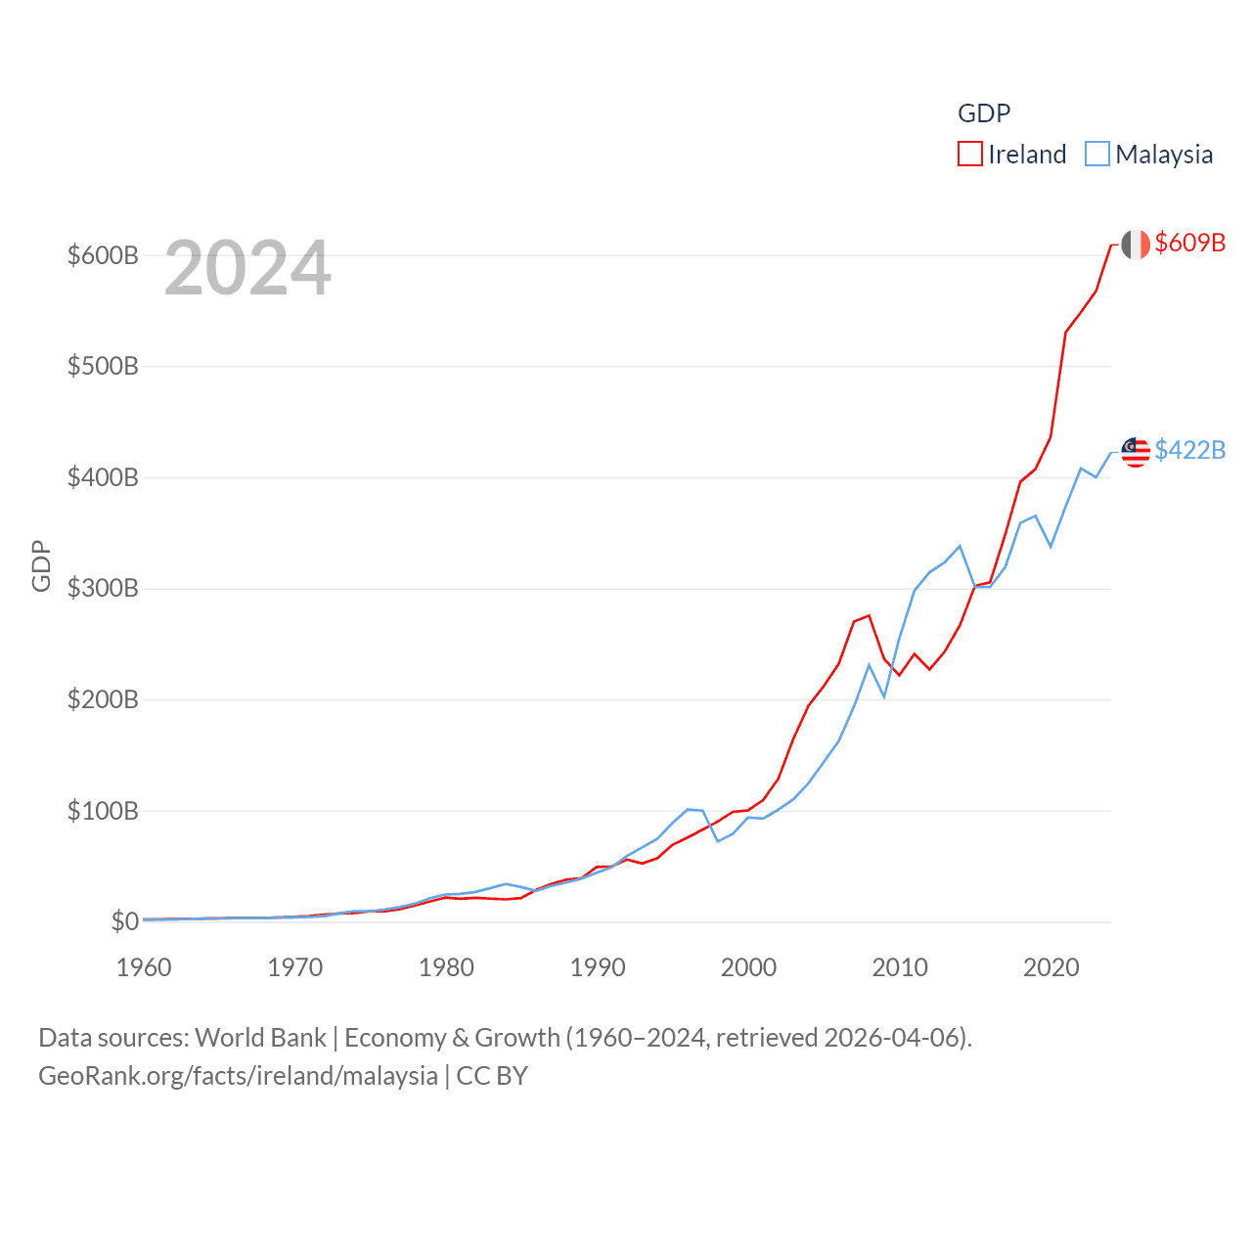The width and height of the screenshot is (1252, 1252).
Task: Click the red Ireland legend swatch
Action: click(970, 155)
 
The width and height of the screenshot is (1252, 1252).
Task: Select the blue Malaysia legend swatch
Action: click(1097, 155)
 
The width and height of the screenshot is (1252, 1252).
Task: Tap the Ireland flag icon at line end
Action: click(1136, 245)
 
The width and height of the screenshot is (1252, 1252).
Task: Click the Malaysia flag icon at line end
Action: click(1136, 452)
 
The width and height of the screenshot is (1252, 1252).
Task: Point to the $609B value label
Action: click(1189, 243)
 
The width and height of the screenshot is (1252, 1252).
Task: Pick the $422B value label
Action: click(1189, 450)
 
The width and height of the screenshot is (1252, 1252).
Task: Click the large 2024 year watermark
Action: click(247, 268)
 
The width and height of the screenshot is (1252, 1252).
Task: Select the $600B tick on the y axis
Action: click(103, 256)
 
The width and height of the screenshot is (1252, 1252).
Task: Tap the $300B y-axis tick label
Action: click(103, 589)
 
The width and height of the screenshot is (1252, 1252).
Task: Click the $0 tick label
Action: click(124, 921)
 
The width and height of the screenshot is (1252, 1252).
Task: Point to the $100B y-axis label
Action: click(103, 811)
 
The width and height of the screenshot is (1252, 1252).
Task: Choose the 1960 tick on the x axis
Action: click(144, 967)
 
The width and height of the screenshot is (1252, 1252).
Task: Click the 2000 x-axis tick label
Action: click(748, 967)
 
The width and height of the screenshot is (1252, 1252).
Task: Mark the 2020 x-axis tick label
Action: click(1051, 967)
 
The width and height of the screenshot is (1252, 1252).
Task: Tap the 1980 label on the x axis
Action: click(446, 967)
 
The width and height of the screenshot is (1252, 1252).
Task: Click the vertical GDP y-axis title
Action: click(41, 565)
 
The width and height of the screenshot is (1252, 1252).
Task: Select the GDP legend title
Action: click(984, 113)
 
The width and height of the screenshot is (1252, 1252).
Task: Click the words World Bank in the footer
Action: click(260, 1037)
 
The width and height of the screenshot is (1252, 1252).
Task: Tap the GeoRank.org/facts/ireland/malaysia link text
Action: click(238, 1076)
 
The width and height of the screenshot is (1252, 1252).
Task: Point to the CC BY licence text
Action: click(492, 1076)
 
